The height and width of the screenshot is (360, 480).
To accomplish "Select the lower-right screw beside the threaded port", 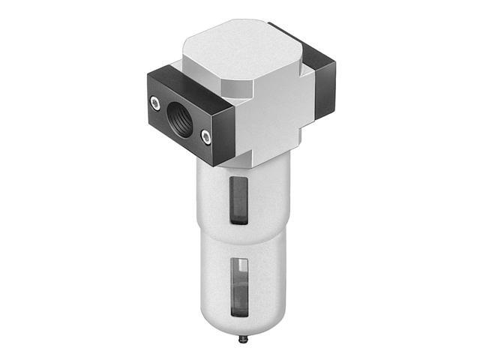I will (x=204, y=136).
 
